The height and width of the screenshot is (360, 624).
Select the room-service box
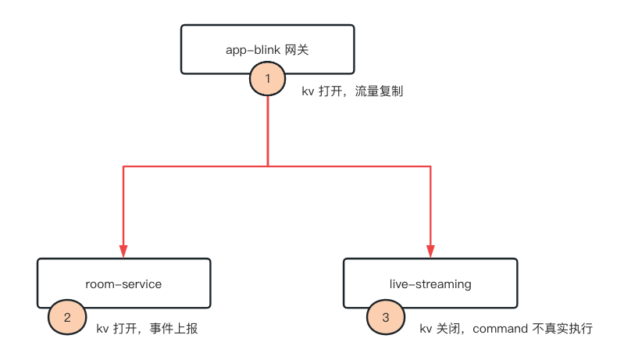click(123, 283)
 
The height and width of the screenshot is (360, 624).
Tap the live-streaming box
click(430, 283)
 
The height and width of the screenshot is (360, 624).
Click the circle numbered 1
click(268, 78)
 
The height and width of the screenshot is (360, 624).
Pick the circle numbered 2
click(67, 317)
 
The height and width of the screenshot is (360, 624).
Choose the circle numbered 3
click(385, 317)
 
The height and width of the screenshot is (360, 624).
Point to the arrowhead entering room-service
click(123, 251)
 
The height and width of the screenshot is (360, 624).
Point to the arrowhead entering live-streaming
click(431, 251)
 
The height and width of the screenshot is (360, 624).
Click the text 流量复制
click(379, 91)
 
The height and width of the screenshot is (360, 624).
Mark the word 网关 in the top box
click(299, 49)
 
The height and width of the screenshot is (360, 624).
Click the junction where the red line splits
click(268, 166)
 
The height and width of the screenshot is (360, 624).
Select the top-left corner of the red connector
click(123, 166)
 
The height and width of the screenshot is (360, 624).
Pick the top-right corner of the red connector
click(431, 166)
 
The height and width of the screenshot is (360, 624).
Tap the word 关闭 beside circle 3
click(448, 329)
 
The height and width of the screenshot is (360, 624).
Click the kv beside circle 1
click(308, 91)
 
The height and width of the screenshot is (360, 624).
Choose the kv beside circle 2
click(102, 329)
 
